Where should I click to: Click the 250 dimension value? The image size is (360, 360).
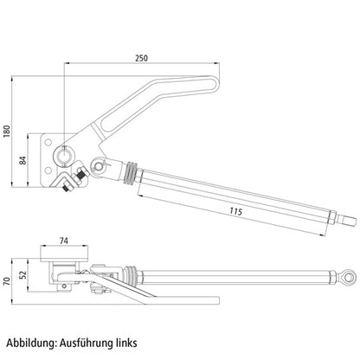(x=141, y=58)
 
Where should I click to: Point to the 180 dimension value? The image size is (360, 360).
(x=7, y=132)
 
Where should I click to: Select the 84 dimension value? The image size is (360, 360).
(x=22, y=160)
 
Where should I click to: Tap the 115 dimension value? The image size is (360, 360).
(x=236, y=211)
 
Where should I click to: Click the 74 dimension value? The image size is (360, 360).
(x=64, y=241)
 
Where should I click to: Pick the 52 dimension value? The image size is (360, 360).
(x=22, y=274)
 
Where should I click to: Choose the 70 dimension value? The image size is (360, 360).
(x=7, y=281)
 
